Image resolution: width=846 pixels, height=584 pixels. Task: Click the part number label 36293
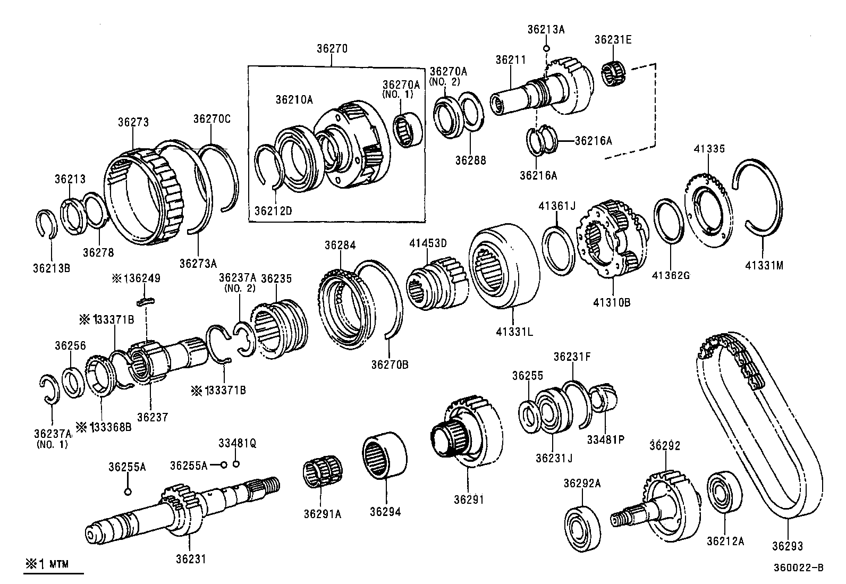[787, 546]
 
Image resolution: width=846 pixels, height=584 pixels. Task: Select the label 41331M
[764, 266]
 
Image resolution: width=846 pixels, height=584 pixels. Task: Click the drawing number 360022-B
[798, 568]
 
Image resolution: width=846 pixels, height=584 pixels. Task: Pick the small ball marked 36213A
[546, 48]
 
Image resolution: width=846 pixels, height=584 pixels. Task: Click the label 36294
[385, 512]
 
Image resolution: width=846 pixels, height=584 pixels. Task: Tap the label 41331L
[514, 332]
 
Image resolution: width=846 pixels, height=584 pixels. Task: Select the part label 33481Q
[237, 443]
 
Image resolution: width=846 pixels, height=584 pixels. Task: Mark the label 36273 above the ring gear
[133, 122]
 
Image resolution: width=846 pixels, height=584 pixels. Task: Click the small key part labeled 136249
[146, 302]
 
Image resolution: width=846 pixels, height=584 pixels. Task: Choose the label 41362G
[671, 275]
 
